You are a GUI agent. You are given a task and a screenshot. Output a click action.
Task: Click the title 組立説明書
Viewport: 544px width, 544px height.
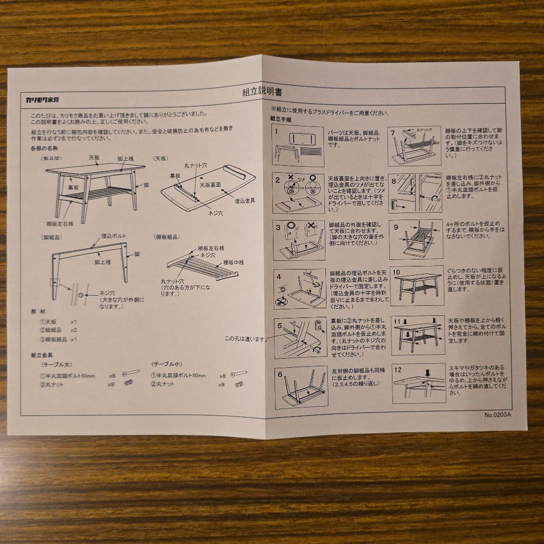point(262,92)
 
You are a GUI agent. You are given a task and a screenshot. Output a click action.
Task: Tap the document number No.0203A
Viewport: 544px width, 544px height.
point(497,415)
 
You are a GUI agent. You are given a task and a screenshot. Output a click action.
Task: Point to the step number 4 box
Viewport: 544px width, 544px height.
point(279,276)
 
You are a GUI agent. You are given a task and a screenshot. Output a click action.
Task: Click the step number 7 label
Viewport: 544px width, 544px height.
point(393,133)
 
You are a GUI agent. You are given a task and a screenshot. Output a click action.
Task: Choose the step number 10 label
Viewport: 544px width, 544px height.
point(396,272)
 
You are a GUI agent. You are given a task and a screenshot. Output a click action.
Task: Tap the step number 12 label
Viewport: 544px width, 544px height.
point(398,370)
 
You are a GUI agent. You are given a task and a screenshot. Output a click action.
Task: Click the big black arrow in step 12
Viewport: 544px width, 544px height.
point(427,373)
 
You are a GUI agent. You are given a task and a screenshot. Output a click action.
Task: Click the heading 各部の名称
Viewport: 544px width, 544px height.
point(44,149)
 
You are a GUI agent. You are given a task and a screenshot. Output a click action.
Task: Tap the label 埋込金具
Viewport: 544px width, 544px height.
point(245,200)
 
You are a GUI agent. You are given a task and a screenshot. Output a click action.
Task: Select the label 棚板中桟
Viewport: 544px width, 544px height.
point(234,262)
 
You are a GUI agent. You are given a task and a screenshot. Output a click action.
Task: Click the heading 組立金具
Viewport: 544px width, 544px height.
point(42,355)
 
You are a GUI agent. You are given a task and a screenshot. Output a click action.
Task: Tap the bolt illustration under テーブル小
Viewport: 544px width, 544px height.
point(239,374)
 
